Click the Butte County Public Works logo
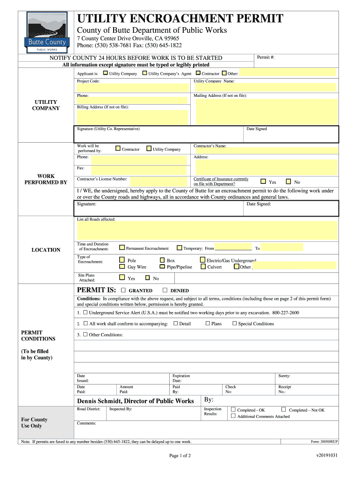[x=47, y=32]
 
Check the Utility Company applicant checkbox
[x=105, y=73]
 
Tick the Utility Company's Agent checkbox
[x=144, y=73]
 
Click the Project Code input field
[x=132, y=87]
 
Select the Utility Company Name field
[x=265, y=87]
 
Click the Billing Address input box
[x=132, y=117]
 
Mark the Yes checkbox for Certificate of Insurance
[x=263, y=181]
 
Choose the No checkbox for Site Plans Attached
[x=147, y=278]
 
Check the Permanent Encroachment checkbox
[x=122, y=248]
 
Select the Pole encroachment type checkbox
[x=122, y=260]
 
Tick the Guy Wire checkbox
[x=122, y=267]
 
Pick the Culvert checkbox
[x=203, y=267]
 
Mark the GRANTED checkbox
[x=123, y=290]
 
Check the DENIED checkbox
[x=165, y=290]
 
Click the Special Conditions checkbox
[x=234, y=323]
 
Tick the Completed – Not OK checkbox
[x=285, y=410]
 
